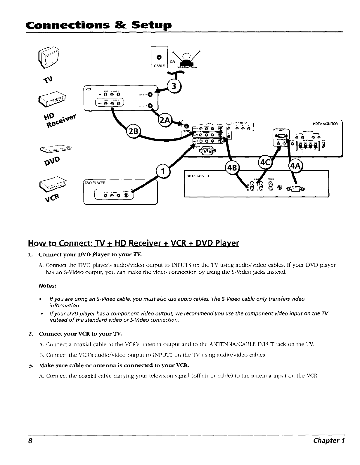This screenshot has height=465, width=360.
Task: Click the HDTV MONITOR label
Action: pos(325,124)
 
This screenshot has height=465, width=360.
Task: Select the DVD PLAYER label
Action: pos(95,183)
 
